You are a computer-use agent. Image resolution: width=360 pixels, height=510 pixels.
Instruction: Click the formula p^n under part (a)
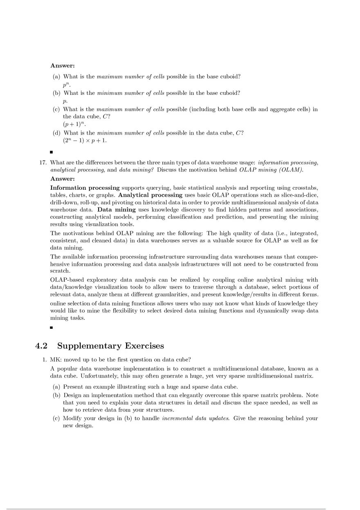click(x=66, y=85)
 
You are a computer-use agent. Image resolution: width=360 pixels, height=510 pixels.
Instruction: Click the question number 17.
click(x=42, y=162)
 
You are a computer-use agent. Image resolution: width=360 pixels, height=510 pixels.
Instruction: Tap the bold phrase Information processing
click(x=85, y=188)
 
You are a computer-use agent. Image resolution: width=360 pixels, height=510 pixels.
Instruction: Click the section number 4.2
click(x=42, y=346)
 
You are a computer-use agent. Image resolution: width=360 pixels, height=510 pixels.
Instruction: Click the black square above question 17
click(x=52, y=152)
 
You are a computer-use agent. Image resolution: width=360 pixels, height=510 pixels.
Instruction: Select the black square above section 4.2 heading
click(x=52, y=328)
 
